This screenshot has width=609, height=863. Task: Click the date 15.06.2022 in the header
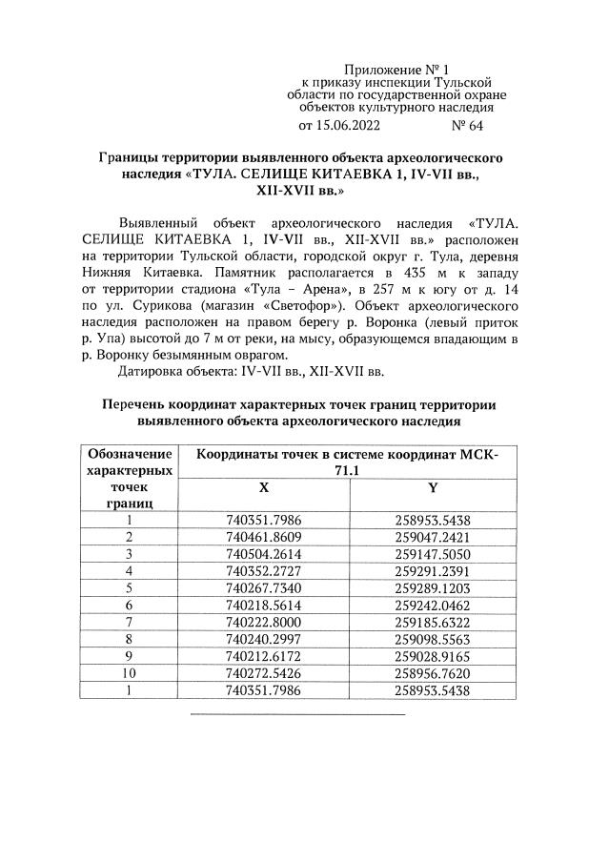click(x=350, y=125)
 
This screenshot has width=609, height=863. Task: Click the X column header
click(x=263, y=486)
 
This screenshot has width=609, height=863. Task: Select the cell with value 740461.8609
click(x=263, y=537)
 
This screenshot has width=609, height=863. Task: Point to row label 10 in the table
click(x=128, y=673)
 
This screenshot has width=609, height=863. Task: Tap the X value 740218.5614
click(x=263, y=606)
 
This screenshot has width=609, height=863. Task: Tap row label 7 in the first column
click(x=128, y=623)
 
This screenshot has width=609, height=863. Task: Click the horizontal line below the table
click(x=297, y=713)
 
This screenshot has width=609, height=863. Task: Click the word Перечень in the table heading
click(x=139, y=404)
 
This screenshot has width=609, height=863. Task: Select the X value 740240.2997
click(x=263, y=640)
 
